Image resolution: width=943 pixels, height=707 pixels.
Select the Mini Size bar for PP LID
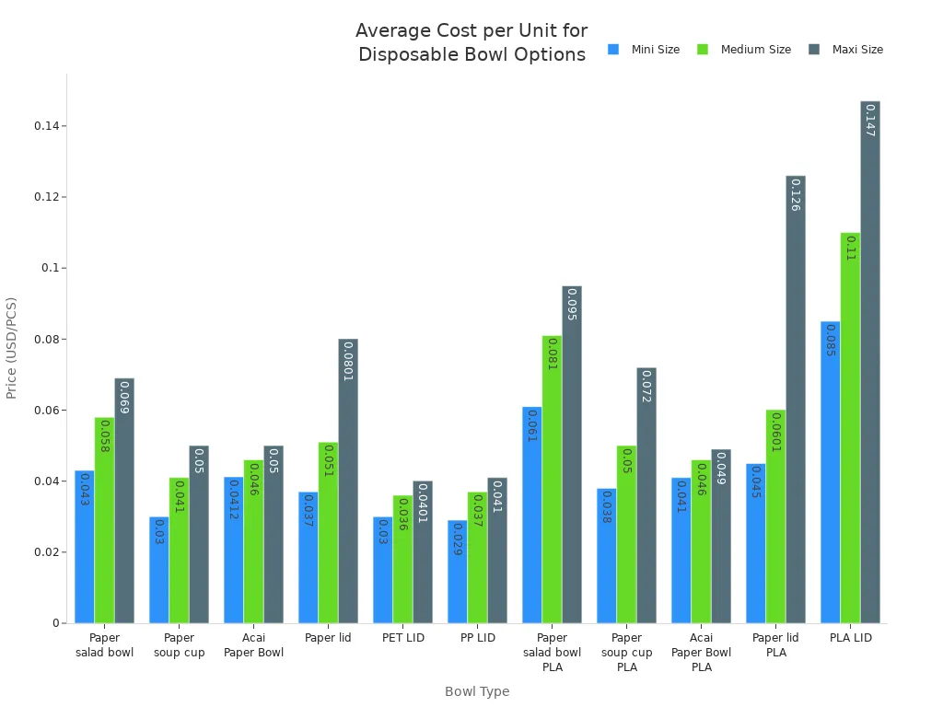coord(458,572)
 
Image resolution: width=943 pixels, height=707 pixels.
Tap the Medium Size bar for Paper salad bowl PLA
coord(552,479)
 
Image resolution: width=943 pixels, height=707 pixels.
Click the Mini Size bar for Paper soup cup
coord(159,570)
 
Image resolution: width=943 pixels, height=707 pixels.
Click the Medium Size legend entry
coord(745,50)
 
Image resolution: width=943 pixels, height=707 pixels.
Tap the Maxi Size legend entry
coord(846,50)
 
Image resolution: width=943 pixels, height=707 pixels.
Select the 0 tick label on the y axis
coord(55,623)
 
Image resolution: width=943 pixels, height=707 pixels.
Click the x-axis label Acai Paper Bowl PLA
coord(701,653)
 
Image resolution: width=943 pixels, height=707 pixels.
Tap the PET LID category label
coord(402,638)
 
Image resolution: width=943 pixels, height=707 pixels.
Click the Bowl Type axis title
coord(477,691)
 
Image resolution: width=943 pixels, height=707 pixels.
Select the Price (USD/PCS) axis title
coord(12,348)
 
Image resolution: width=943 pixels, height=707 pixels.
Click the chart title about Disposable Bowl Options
coord(471,42)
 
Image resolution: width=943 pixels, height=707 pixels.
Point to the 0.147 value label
coord(870,121)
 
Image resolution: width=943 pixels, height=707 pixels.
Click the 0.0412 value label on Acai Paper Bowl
coord(234,500)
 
